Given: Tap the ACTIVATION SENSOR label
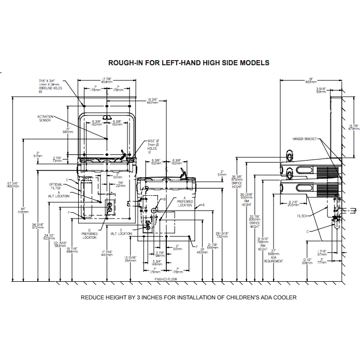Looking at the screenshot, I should point(45,119).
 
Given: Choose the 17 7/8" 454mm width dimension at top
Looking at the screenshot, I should point(107,80).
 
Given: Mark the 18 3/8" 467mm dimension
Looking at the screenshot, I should point(138,101).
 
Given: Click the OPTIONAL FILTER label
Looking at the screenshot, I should point(55,186).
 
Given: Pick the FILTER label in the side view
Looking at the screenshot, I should point(303,215).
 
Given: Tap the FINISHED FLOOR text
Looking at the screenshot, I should point(167,279).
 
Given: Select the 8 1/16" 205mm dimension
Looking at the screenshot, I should point(294,203).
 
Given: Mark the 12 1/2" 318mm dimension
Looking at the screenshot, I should point(308,261).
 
